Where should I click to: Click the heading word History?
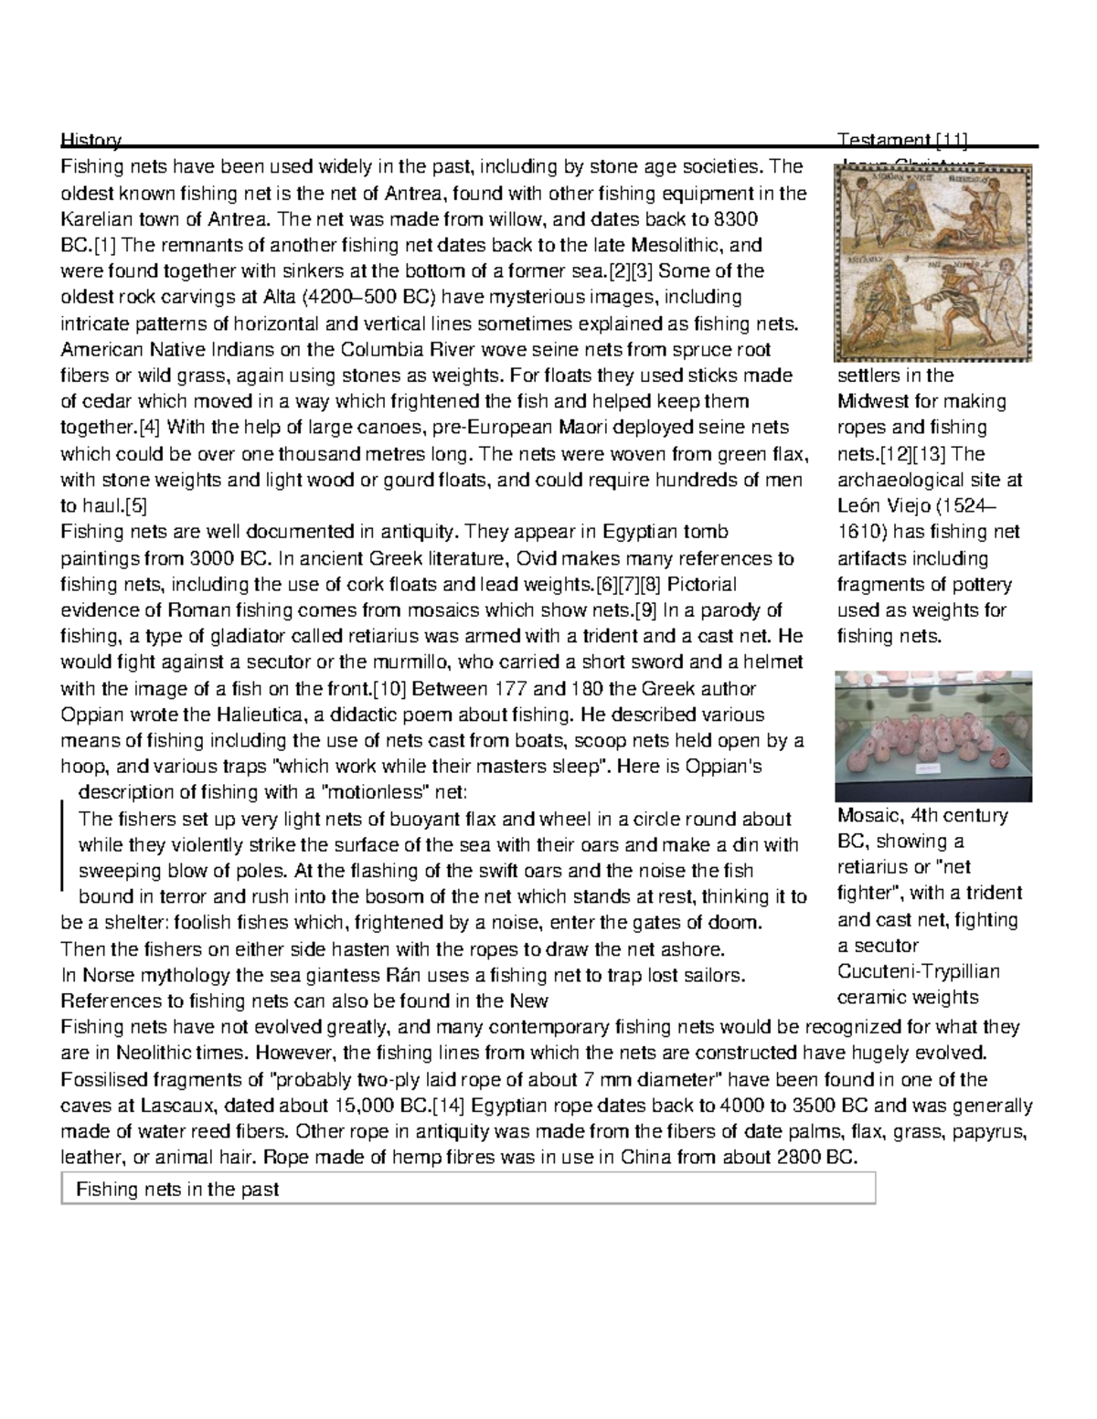[x=90, y=140]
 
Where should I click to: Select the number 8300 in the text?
[x=738, y=219]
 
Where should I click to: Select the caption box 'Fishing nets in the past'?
[x=468, y=1189]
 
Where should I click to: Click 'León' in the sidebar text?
[x=860, y=506]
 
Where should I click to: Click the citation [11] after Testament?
[x=951, y=140]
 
